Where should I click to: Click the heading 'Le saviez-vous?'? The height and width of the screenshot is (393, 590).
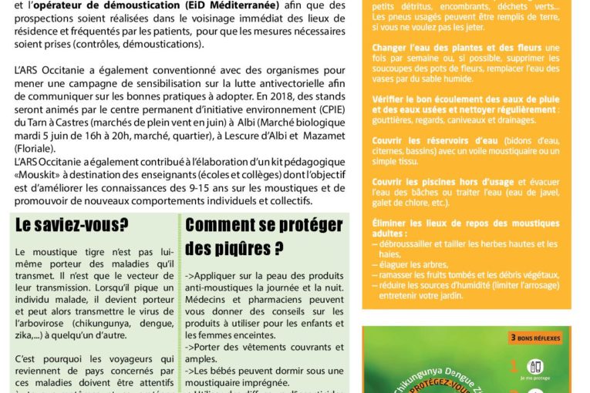pos(72,224)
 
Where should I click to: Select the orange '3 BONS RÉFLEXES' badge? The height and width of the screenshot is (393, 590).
pos(536,338)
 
